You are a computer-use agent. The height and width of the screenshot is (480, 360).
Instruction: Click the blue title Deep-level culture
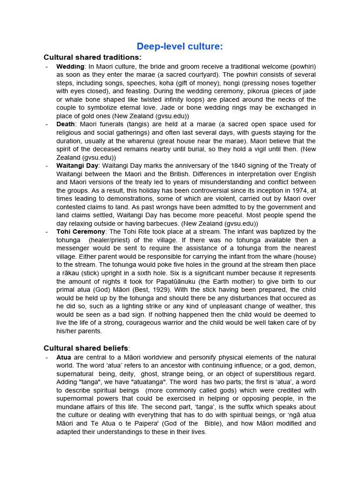(x=180, y=46)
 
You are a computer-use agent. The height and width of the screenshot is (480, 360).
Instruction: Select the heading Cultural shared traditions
(x=92, y=57)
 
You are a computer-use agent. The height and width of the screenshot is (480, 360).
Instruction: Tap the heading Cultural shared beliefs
(x=86, y=348)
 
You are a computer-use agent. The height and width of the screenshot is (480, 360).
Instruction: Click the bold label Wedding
(x=70, y=67)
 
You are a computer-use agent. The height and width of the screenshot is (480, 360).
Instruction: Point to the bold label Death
(x=66, y=124)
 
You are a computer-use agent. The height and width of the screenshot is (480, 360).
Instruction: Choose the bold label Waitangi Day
(x=77, y=165)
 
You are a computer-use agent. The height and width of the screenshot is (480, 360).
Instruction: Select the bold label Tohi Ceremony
(x=81, y=232)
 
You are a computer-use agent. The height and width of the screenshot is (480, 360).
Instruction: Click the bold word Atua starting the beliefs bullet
(x=64, y=358)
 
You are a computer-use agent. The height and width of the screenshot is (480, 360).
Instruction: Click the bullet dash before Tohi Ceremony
(x=47, y=232)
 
